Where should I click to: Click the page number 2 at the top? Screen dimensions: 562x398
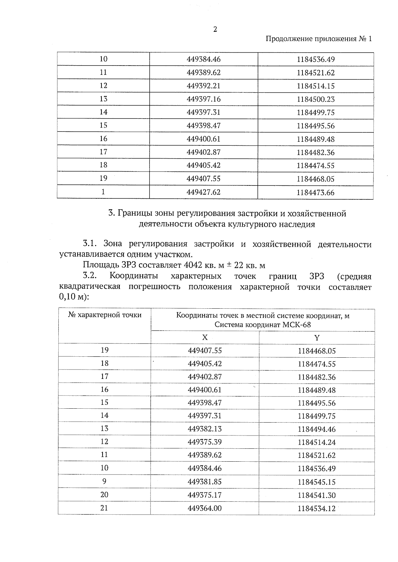coord(215,29)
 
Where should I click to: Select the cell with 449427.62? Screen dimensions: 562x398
coord(203,192)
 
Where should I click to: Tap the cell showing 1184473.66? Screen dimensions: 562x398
coord(315,192)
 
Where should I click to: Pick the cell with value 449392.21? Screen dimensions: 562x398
coord(203,86)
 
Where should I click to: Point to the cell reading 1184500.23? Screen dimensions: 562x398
coord(315,99)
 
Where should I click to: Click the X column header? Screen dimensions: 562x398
coord(205,337)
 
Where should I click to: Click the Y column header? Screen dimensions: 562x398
coord(317,338)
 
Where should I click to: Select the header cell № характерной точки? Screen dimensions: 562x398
coord(104,315)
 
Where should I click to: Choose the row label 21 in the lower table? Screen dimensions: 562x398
coord(104,508)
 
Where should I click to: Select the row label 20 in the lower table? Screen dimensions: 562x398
coord(104,494)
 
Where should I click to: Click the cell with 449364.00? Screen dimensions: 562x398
coord(204,508)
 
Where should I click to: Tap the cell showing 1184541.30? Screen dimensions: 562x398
coord(316,495)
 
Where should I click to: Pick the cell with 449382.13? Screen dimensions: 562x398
coord(204,429)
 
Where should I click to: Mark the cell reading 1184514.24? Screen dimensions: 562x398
coord(316,442)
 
